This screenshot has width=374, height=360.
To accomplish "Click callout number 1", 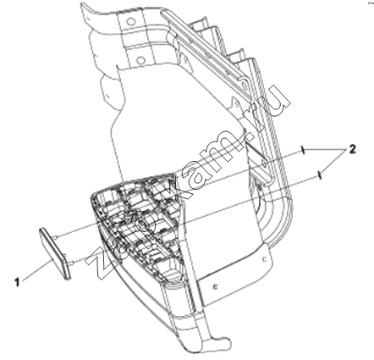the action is [17, 282].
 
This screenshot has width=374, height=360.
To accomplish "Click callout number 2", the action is [352, 149].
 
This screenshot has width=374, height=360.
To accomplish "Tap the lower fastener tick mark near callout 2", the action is [319, 174].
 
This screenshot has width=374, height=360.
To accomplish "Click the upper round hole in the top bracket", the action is [130, 21].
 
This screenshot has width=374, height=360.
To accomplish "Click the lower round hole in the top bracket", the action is [139, 59].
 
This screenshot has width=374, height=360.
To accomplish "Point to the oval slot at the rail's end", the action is [243, 82].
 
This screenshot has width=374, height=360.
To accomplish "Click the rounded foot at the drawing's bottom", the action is [221, 342].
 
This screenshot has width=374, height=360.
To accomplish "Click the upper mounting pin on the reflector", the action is [56, 237].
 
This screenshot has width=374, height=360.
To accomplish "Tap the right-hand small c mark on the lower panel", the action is [264, 259].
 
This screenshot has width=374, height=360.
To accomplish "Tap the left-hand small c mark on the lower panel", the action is [215, 287].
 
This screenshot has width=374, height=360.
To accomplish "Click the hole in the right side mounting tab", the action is [263, 163].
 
